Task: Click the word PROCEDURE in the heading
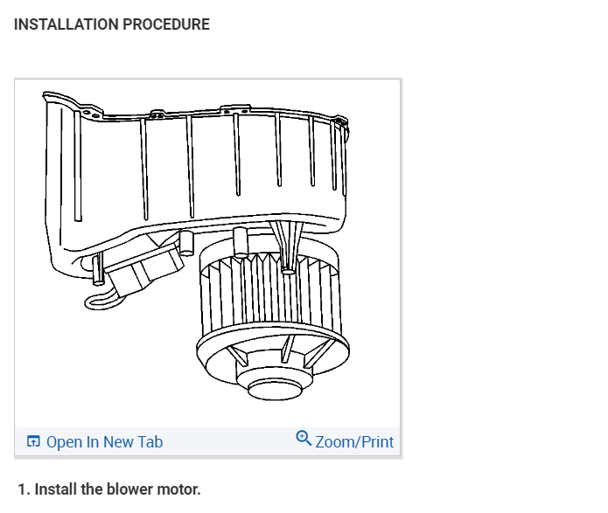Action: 165,24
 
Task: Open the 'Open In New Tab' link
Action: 103,442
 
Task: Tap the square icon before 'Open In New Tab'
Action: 34,442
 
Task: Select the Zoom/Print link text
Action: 354,442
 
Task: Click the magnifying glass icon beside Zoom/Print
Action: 304,439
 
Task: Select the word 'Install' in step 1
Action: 54,489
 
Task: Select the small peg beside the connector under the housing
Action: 185,242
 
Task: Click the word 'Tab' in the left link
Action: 149,442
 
